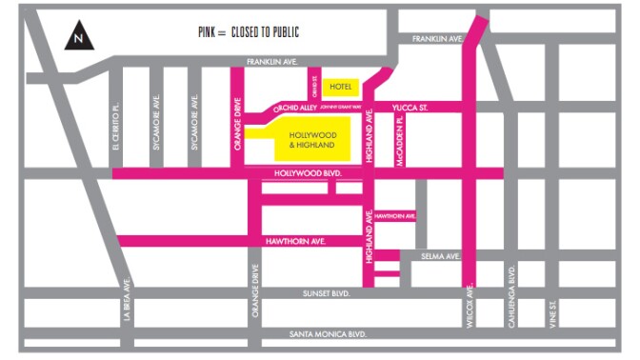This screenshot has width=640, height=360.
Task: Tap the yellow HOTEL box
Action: [339, 87]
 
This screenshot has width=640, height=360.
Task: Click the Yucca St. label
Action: [410, 108]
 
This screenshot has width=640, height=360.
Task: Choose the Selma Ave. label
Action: [441, 256]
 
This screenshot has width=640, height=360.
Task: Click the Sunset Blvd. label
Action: [330, 293]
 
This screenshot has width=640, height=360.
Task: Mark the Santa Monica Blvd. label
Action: [330, 334]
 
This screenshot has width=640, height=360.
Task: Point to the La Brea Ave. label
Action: [127, 301]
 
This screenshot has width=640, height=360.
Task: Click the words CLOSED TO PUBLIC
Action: [266, 32]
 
